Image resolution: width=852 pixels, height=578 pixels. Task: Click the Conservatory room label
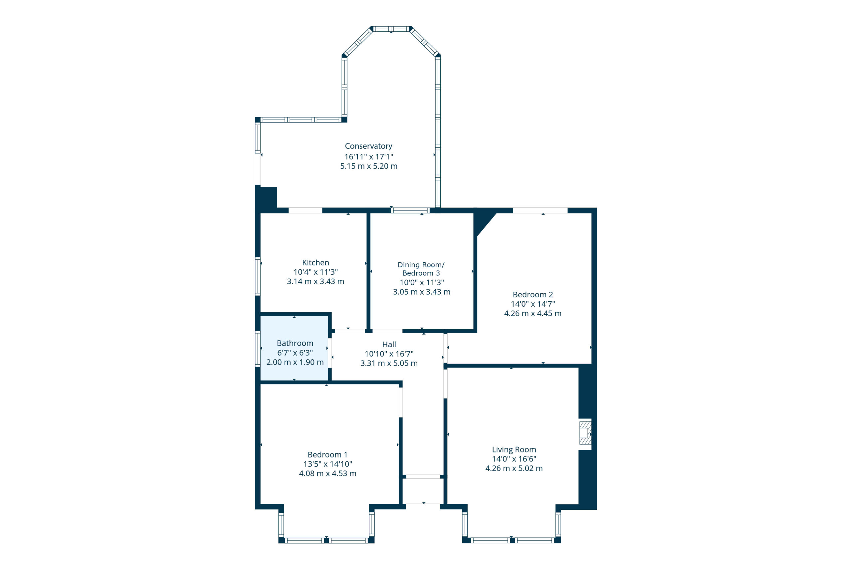368,146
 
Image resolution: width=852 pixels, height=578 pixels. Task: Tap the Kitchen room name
315,263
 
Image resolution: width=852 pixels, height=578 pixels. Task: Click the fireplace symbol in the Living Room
585,434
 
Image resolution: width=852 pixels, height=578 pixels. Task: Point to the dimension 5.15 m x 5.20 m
368,166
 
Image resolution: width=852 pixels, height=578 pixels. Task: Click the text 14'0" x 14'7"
533,304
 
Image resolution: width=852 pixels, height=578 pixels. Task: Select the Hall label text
389,344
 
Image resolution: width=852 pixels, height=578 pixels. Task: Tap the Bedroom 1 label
327,455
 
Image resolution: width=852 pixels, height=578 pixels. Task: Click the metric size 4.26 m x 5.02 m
514,468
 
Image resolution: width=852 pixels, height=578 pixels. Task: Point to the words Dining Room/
421,265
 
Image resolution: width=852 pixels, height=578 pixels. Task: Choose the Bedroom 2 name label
533,295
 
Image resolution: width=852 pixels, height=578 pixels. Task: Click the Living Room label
514,449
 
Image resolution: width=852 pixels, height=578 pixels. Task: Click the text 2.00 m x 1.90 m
295,362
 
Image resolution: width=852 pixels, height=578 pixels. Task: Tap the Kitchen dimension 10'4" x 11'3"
315,272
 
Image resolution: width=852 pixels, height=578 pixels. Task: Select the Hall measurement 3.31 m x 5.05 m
389,364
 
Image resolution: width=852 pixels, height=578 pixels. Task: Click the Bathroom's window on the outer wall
258,348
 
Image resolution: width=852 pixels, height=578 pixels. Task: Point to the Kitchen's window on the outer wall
258,276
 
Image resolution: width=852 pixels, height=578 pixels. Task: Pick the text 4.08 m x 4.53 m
327,473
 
